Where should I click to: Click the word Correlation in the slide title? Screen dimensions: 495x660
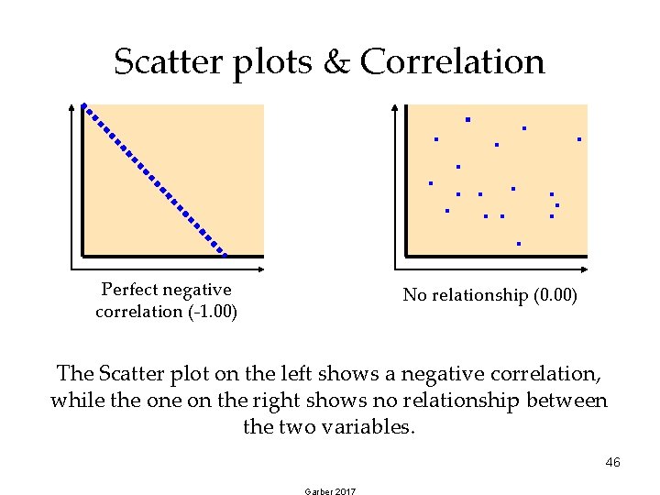[x=452, y=62]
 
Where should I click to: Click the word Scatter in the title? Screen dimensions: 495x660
[x=167, y=62]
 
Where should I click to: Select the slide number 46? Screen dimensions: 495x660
[x=613, y=462]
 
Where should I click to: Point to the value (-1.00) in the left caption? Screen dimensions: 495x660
[x=212, y=312]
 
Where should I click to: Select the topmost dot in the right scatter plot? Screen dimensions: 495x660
[x=467, y=120]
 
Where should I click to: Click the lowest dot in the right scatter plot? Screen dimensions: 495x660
[x=519, y=244]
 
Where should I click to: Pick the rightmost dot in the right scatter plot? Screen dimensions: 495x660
[x=579, y=139]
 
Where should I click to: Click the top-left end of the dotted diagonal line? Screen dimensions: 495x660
[x=83, y=106]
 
